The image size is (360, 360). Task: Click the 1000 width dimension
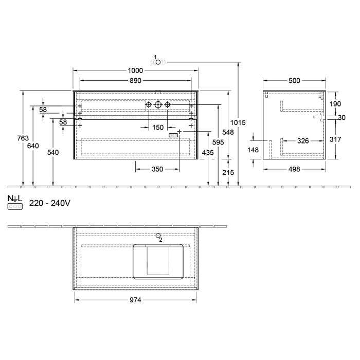click(135, 70)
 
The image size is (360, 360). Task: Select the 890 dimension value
click(135, 80)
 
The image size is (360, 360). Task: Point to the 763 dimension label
click(23, 138)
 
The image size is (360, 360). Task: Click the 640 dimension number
click(33, 146)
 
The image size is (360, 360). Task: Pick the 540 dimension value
click(53, 153)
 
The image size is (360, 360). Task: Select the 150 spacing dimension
click(157, 127)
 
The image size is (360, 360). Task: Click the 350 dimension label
click(157, 169)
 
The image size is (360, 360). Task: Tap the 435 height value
click(207, 153)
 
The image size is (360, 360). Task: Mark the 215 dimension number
click(228, 173)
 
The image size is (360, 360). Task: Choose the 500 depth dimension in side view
click(294, 81)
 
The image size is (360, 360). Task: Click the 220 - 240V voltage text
click(49, 203)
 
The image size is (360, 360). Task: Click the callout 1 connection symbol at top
click(158, 62)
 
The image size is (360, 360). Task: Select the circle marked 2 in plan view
click(158, 236)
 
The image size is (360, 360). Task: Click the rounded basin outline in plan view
click(158, 261)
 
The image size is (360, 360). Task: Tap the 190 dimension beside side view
click(335, 103)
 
